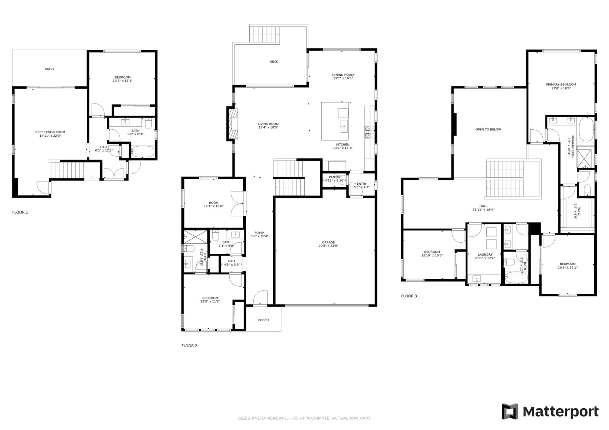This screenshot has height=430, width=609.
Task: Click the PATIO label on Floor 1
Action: click(x=49, y=69)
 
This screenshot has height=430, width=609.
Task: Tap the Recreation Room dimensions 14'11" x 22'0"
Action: click(x=50, y=136)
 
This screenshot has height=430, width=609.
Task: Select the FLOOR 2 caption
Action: click(x=189, y=346)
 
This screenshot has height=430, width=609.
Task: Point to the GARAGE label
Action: click(x=328, y=242)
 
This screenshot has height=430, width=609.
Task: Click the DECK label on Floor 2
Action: click(x=274, y=62)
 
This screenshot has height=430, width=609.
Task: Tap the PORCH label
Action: click(x=264, y=320)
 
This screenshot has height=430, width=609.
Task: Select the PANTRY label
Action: click(x=334, y=177)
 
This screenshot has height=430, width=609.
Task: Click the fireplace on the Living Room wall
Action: click(x=232, y=124)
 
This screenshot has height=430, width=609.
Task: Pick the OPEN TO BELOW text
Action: click(x=488, y=129)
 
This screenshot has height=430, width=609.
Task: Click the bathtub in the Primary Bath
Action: click(x=585, y=129)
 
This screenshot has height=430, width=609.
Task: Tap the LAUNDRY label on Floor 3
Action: click(x=485, y=255)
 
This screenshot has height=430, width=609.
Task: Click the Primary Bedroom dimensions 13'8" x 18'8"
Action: click(x=561, y=88)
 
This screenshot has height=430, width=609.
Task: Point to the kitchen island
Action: click(x=335, y=121)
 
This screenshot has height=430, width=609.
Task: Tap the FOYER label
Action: click(x=259, y=233)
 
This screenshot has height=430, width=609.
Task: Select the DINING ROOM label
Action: click(x=343, y=75)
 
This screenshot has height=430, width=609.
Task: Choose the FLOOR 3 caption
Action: click(x=409, y=296)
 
